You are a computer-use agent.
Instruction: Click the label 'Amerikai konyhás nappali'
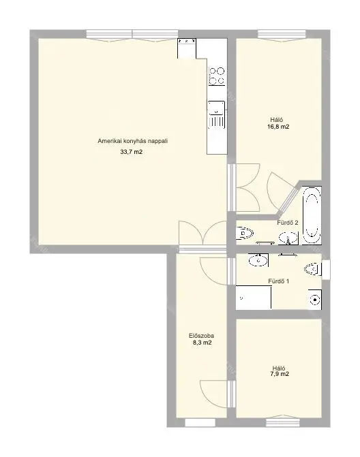[x=133, y=141]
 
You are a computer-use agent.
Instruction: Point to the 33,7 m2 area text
[x=132, y=152]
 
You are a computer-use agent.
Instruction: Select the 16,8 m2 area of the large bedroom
[x=278, y=127]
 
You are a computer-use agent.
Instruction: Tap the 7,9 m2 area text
[x=280, y=374]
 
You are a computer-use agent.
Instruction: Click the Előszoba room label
[x=201, y=336]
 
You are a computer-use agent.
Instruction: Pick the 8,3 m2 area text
[x=202, y=343]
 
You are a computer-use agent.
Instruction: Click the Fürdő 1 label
[x=279, y=281]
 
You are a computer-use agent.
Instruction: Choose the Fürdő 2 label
[x=288, y=223]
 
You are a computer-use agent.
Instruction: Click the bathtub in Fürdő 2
[x=312, y=215]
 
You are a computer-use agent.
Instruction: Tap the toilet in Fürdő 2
[x=245, y=234]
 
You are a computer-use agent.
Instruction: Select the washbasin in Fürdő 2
[x=288, y=238]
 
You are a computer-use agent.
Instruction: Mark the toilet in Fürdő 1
[x=313, y=269]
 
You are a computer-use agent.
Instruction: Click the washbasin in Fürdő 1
[x=258, y=260]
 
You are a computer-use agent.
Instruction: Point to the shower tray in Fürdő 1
[x=254, y=298]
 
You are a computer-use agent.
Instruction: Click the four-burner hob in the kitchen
[x=217, y=76]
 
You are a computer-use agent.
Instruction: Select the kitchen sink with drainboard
[x=216, y=115]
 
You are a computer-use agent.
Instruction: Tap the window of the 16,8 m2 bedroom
[x=282, y=34]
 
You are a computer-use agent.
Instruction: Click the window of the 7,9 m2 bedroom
[x=283, y=422]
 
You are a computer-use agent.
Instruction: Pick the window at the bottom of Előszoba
[x=200, y=423]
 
